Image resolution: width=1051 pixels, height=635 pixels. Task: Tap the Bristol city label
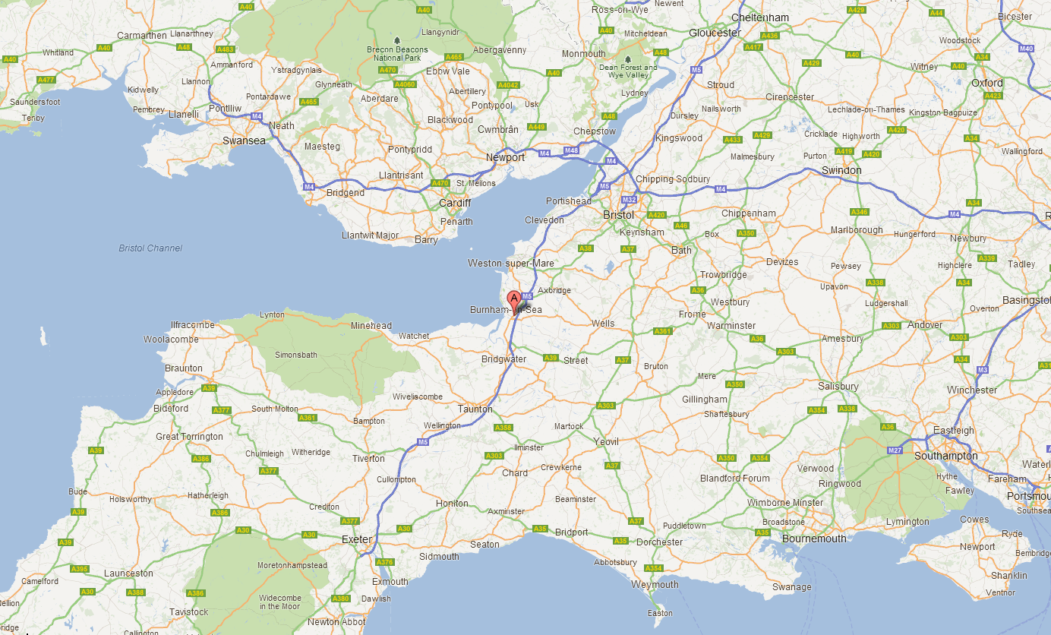pyautogui.click(x=618, y=215)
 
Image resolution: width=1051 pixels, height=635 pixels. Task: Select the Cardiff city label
pyautogui.click(x=455, y=203)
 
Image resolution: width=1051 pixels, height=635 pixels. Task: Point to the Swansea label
pyautogui.click(x=244, y=141)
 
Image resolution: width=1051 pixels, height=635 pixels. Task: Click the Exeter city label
pyautogui.click(x=357, y=539)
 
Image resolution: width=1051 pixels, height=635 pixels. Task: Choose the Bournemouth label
pyautogui.click(x=813, y=539)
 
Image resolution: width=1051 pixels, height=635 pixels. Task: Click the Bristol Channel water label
pyautogui.click(x=150, y=248)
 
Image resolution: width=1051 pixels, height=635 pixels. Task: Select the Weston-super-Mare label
pyautogui.click(x=511, y=264)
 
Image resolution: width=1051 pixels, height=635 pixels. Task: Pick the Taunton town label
pyautogui.click(x=475, y=409)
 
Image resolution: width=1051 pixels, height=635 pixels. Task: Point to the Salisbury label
pyautogui.click(x=838, y=386)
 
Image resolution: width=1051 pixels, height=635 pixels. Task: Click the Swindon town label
pyautogui.click(x=841, y=170)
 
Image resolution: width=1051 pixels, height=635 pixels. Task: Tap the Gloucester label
pyautogui.click(x=715, y=33)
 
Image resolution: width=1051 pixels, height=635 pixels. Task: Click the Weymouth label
pyautogui.click(x=655, y=584)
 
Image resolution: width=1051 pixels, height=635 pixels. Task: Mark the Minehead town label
pyautogui.click(x=371, y=326)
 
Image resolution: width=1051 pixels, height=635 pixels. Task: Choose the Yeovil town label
pyautogui.click(x=606, y=441)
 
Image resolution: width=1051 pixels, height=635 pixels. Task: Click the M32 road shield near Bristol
pyautogui.click(x=629, y=200)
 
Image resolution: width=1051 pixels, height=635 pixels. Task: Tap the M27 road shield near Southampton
pyautogui.click(x=896, y=450)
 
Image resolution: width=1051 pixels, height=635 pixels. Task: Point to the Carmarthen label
pyautogui.click(x=142, y=35)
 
